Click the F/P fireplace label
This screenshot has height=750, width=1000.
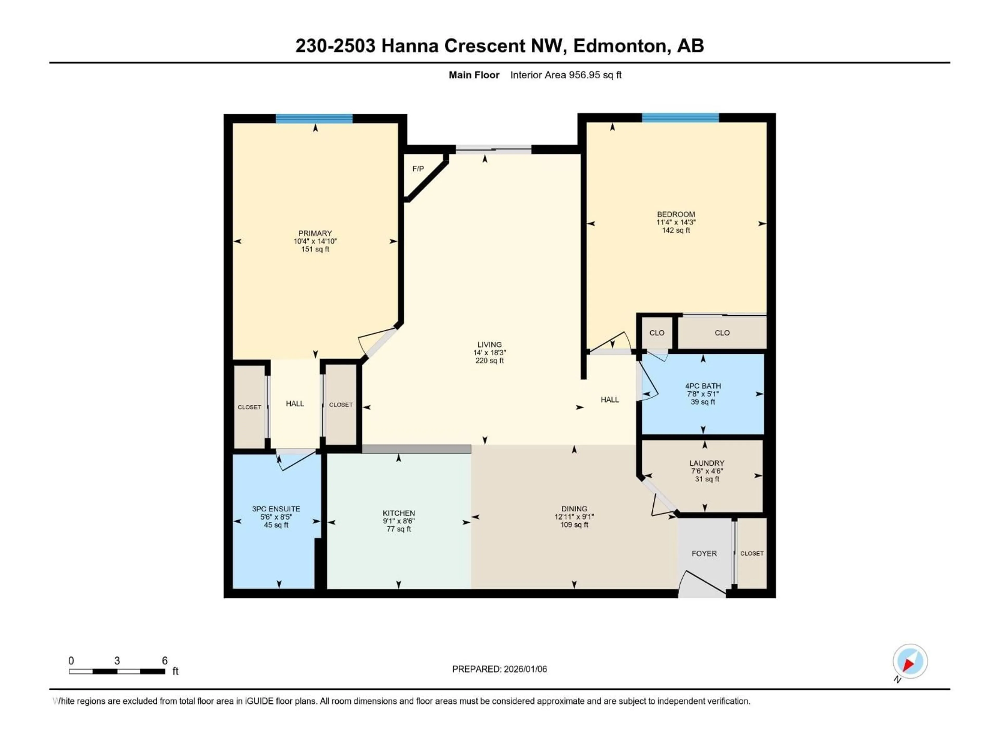tap(418, 169)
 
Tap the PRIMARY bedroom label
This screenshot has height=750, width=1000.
tap(315, 233)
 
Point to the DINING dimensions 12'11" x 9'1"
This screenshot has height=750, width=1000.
tap(574, 517)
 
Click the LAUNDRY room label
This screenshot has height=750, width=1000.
tap(707, 463)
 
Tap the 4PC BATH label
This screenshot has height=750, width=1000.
tap(703, 386)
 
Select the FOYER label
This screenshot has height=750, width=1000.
tap(704, 553)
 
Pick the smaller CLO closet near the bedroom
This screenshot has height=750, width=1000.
tap(657, 333)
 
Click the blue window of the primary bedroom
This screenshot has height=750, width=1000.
tap(314, 119)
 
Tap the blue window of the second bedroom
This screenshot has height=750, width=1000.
tap(680, 118)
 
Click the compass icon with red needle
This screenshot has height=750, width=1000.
tap(910, 661)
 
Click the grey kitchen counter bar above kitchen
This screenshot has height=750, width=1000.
tap(416, 449)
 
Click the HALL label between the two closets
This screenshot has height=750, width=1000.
tap(295, 404)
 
